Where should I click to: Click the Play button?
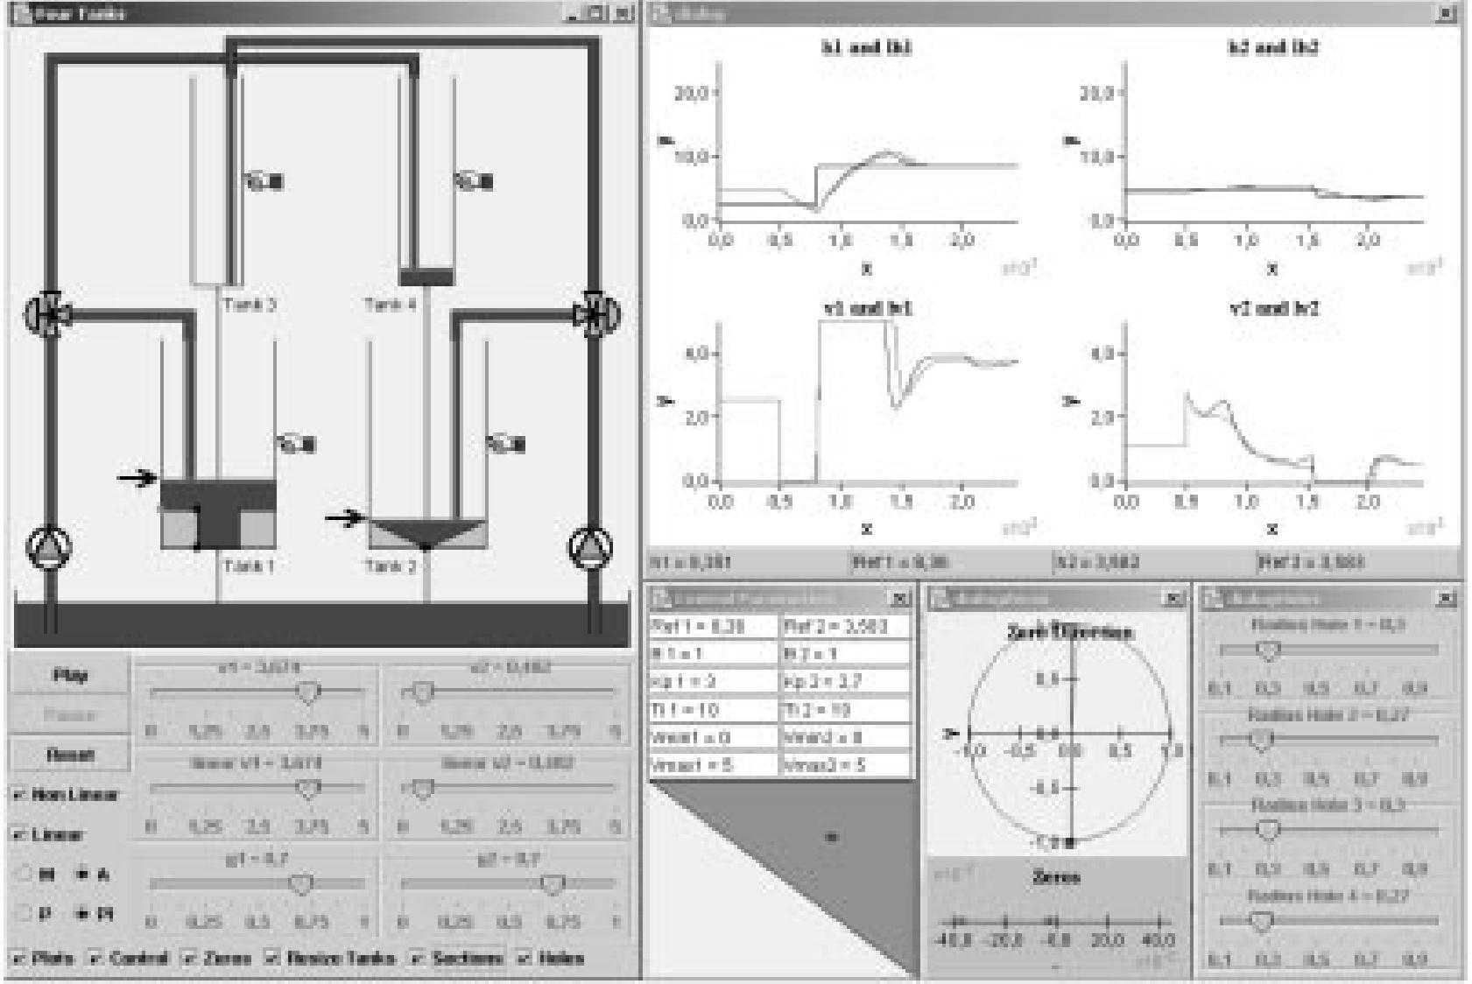click(69, 675)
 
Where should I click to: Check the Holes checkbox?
click(525, 958)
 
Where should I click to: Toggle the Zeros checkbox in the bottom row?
click(189, 958)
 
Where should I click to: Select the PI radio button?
click(84, 914)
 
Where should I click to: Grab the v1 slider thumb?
click(307, 692)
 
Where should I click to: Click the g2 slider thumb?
click(553, 884)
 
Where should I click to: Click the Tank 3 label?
click(250, 305)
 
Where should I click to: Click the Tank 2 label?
click(391, 566)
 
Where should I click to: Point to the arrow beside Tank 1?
click(137, 478)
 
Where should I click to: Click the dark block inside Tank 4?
click(426, 278)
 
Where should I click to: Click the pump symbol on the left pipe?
click(50, 546)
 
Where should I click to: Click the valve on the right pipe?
click(596, 314)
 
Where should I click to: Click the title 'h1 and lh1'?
click(865, 48)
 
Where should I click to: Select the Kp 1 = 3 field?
click(714, 681)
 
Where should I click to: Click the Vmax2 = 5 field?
click(845, 764)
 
